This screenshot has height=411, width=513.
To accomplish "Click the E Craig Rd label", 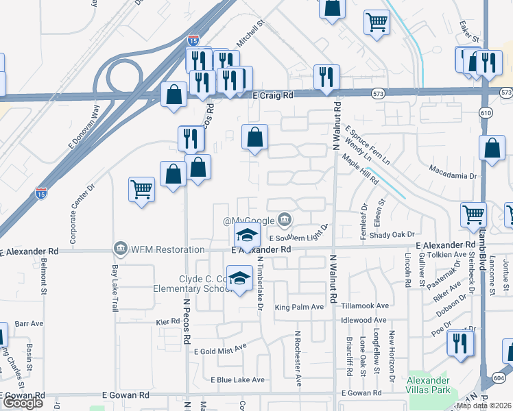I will coord(273,96).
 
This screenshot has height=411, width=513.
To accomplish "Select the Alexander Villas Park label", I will coord(429,385).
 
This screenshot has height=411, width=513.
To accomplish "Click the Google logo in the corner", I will coord(22,403).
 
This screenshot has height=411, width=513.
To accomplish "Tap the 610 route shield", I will coord(486,112).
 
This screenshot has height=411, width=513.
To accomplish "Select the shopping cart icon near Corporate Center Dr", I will coord(141,188).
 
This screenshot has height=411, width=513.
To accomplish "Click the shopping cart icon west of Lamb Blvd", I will coord(473,214).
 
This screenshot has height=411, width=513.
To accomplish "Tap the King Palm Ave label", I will coord(299,307).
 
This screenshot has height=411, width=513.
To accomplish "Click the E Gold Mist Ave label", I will coord(219,349).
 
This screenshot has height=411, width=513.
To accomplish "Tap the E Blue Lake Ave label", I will coord(237,379).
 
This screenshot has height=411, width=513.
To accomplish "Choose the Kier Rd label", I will coord(167,321).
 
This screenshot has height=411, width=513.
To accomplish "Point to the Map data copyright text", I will coord(483,406).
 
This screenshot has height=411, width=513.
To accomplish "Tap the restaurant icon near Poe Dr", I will coord(460,342).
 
